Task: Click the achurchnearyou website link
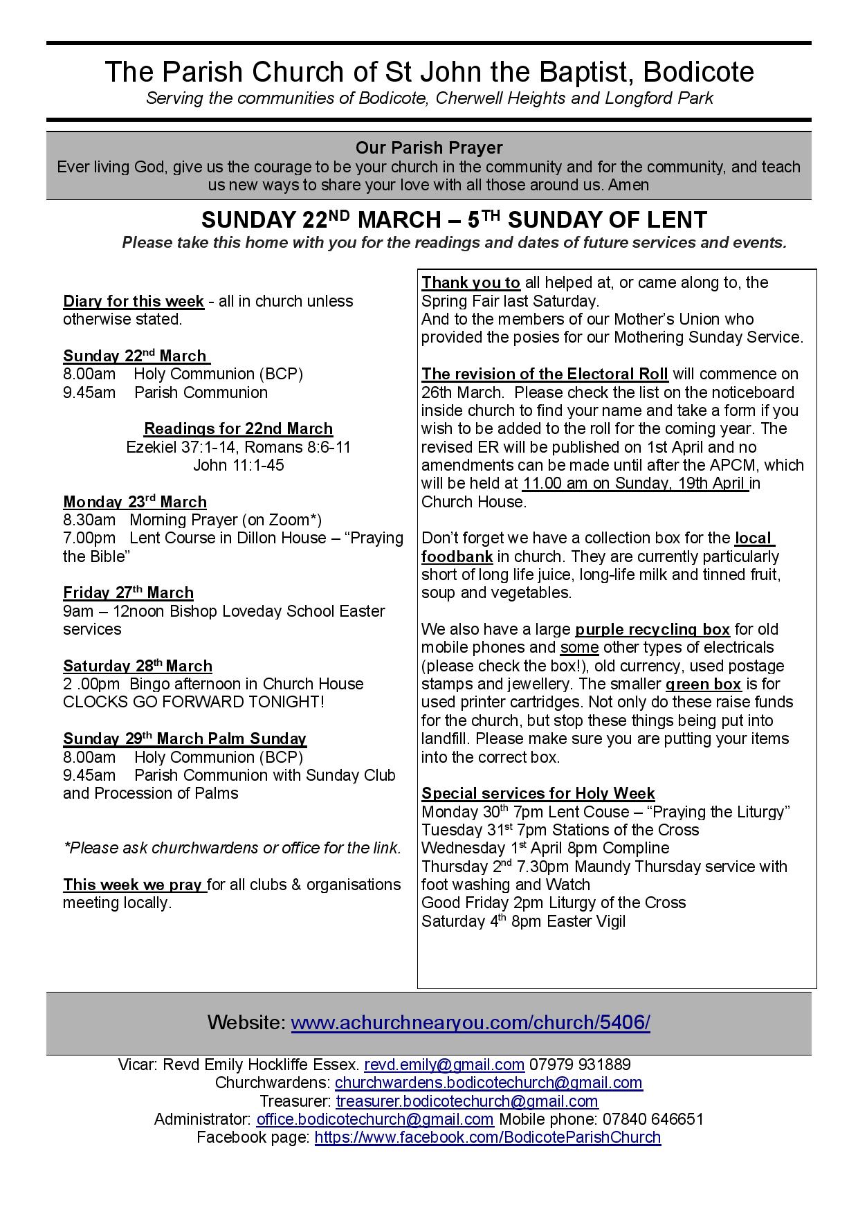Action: pos(470,1022)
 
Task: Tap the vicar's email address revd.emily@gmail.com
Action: pos(444,1064)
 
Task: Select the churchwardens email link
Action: pos(489,1082)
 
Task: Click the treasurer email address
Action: pos(467,1100)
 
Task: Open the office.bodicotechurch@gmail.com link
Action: pos(374,1119)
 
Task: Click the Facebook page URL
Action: pos(487,1137)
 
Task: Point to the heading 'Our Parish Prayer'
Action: pos(429,147)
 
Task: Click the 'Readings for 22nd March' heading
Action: pos(238,428)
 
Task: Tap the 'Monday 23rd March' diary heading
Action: pos(135,502)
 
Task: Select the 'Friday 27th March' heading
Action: pos(128,592)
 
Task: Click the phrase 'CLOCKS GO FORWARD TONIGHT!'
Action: pos(194,702)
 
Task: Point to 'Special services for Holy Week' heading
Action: pos(538,793)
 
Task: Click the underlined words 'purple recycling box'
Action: pos(652,629)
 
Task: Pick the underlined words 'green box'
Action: pos(703,684)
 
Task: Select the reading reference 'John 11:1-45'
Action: pos(238,465)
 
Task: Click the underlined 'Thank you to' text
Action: pos(471,282)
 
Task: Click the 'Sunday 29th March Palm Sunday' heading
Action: pos(185,739)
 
